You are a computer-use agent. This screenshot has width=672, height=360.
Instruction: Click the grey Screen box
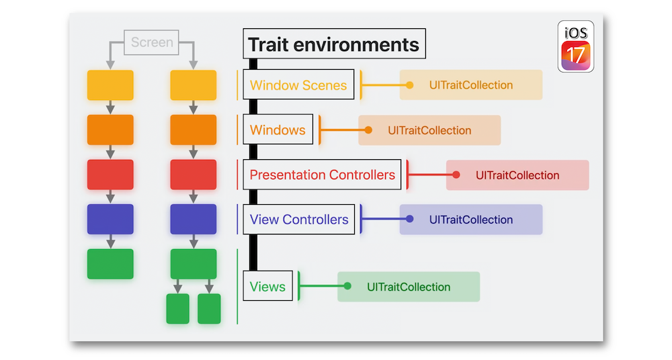click(151, 42)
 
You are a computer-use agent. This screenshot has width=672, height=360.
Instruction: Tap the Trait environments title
click(334, 44)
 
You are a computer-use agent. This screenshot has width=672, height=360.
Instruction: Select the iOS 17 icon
click(576, 46)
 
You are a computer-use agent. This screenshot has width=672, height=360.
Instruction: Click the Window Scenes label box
click(298, 85)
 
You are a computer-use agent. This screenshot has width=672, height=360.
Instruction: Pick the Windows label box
click(278, 130)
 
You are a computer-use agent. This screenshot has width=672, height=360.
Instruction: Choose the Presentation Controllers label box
click(322, 175)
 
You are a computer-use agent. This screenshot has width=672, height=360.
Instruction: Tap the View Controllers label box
click(299, 220)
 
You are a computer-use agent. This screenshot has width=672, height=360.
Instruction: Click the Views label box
click(268, 286)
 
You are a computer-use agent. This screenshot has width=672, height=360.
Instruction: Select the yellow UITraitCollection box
click(471, 85)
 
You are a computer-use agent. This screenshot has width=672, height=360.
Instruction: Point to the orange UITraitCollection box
click(429, 130)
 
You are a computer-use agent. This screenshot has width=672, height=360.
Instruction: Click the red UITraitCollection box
click(517, 175)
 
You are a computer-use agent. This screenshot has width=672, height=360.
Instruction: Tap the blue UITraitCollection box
click(471, 220)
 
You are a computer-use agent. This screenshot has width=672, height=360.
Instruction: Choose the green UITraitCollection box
click(409, 287)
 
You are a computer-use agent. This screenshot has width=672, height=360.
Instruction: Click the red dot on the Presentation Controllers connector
click(456, 175)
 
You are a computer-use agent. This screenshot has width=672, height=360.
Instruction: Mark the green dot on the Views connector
click(347, 286)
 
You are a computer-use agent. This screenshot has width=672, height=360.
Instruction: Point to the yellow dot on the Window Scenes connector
click(410, 85)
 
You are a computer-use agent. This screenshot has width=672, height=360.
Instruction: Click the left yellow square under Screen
click(110, 85)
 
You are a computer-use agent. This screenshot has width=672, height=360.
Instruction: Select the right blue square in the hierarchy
click(194, 219)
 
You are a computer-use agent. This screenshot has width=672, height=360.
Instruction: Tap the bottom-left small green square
click(178, 308)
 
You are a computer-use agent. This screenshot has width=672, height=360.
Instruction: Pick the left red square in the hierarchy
click(110, 175)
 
